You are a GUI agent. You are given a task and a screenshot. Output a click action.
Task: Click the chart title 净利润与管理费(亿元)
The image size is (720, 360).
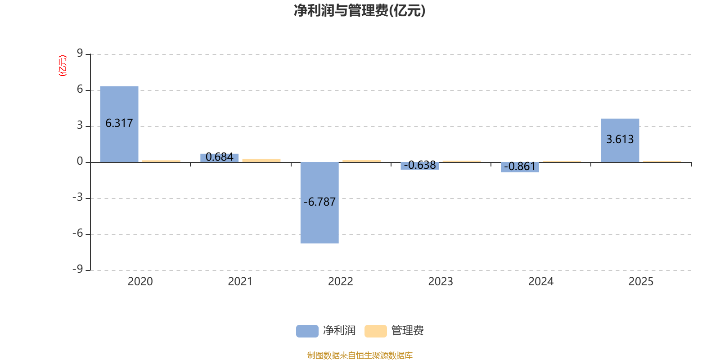click(359, 11)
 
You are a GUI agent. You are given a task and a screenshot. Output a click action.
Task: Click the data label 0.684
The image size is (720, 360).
click(220, 157)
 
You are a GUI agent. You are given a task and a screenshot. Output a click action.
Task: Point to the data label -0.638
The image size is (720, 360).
click(420, 165)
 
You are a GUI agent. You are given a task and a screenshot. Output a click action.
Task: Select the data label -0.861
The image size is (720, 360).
click(520, 166)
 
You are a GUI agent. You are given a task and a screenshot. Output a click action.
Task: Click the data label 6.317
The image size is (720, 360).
click(119, 123)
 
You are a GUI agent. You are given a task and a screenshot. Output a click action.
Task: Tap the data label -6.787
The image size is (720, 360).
click(319, 202)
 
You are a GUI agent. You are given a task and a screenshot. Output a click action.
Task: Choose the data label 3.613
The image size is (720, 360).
click(620, 139)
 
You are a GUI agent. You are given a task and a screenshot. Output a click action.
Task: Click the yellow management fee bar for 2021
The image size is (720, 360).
click(261, 160)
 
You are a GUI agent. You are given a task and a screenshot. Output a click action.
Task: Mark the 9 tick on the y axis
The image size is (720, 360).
click(80, 54)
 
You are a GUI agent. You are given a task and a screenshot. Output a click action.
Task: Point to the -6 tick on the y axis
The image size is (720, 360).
click(77, 233)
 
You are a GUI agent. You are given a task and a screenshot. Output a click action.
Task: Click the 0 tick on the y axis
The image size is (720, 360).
click(80, 161)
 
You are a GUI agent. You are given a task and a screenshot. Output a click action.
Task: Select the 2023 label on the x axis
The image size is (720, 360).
click(441, 282)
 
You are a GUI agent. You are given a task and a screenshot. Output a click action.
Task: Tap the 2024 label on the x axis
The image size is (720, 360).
click(540, 282)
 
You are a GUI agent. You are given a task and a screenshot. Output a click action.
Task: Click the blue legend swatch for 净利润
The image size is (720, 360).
click(307, 331)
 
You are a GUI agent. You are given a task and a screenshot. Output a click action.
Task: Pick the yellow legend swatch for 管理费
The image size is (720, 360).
click(375, 331)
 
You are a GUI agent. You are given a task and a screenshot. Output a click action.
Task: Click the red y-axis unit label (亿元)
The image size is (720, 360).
click(63, 66)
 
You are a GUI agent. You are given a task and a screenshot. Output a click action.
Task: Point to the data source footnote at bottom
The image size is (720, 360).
click(360, 355)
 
